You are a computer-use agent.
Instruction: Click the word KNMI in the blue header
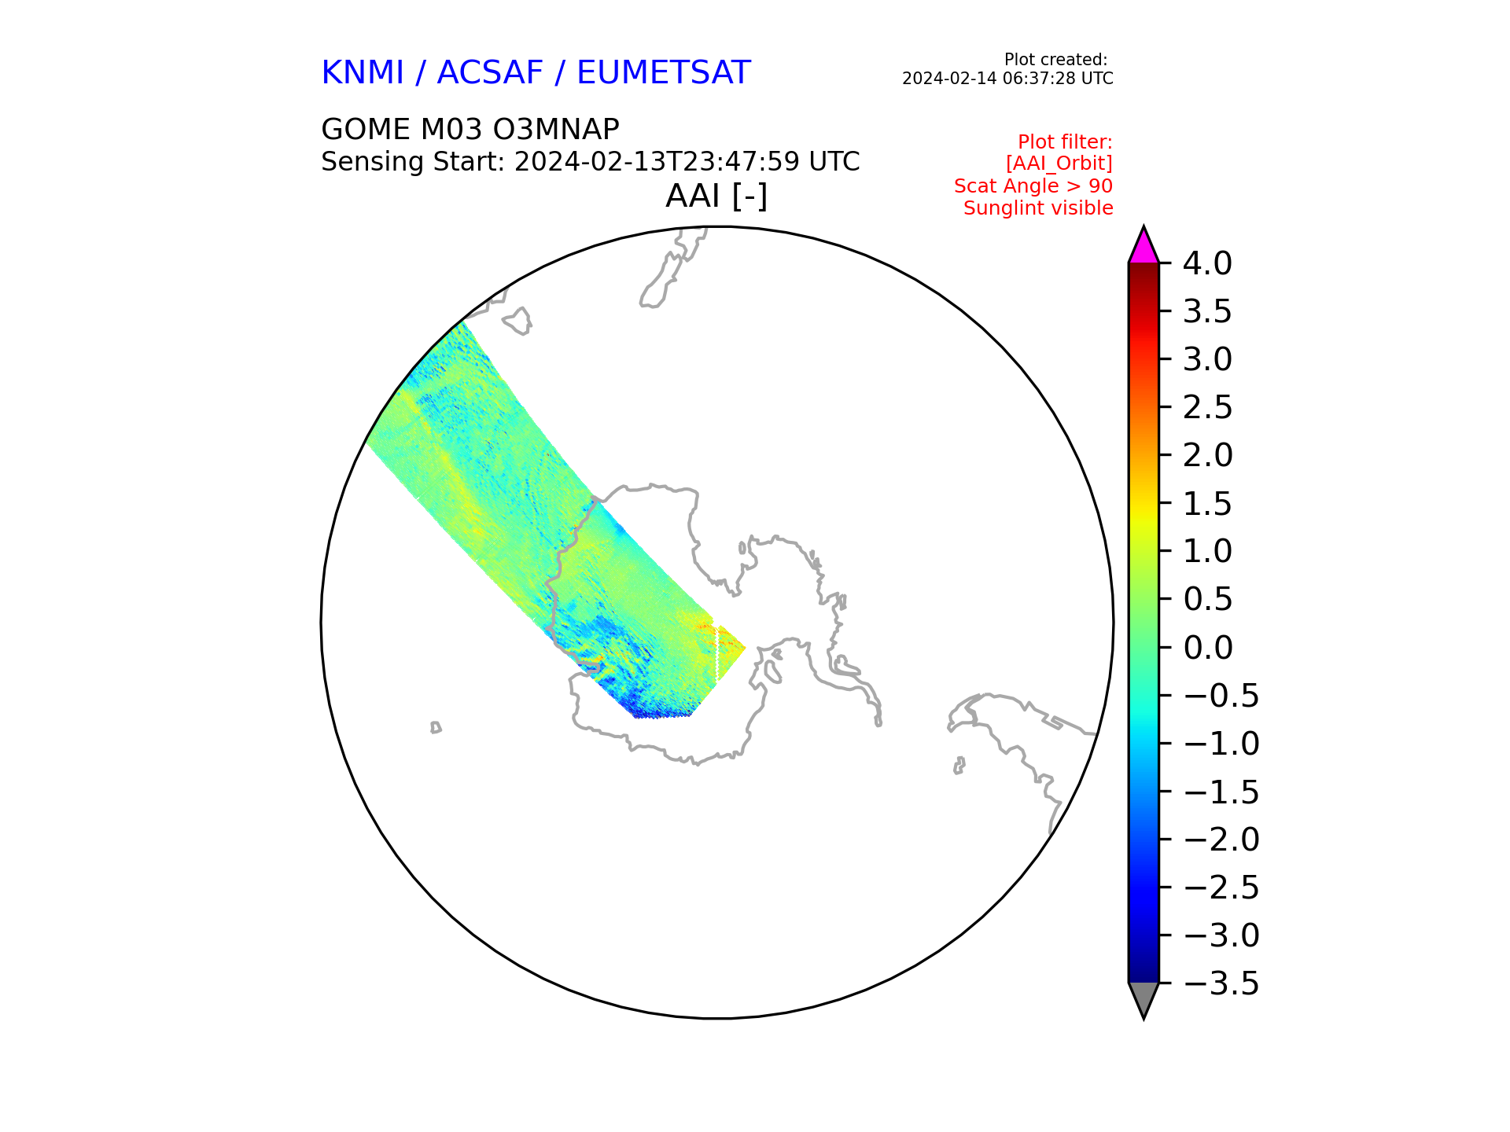[x=363, y=73]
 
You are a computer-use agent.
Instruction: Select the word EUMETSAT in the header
[x=664, y=73]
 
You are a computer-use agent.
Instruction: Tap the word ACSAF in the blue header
[x=490, y=73]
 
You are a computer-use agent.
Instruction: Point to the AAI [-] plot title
[x=716, y=196]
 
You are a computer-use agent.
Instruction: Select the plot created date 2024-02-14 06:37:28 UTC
[x=1007, y=79]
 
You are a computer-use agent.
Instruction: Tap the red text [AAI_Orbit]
[x=1059, y=164]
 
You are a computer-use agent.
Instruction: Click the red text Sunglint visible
[x=1038, y=208]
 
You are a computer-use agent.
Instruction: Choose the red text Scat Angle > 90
[x=1033, y=186]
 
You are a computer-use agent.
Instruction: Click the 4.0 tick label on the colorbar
[x=1207, y=263]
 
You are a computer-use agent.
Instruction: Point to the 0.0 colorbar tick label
[x=1207, y=648]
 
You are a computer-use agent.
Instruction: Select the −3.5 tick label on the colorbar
[x=1221, y=983]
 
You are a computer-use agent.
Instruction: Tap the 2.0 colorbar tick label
[x=1207, y=455]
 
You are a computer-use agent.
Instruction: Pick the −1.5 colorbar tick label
[x=1221, y=792]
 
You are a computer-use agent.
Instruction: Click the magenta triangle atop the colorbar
[x=1144, y=247]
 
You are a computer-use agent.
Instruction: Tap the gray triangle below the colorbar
[x=1144, y=998]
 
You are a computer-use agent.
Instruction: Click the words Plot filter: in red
[x=1065, y=142]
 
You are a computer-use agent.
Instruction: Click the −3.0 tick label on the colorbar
[x=1221, y=935]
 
